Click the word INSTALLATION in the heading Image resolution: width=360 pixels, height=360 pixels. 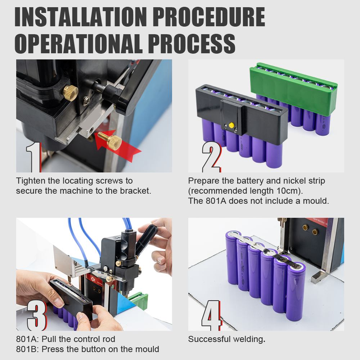(x=81, y=17)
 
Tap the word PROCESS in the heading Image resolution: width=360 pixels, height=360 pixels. (x=192, y=44)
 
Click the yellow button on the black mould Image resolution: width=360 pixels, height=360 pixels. (x=231, y=125)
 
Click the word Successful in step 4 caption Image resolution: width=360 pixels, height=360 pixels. (x=209, y=339)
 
